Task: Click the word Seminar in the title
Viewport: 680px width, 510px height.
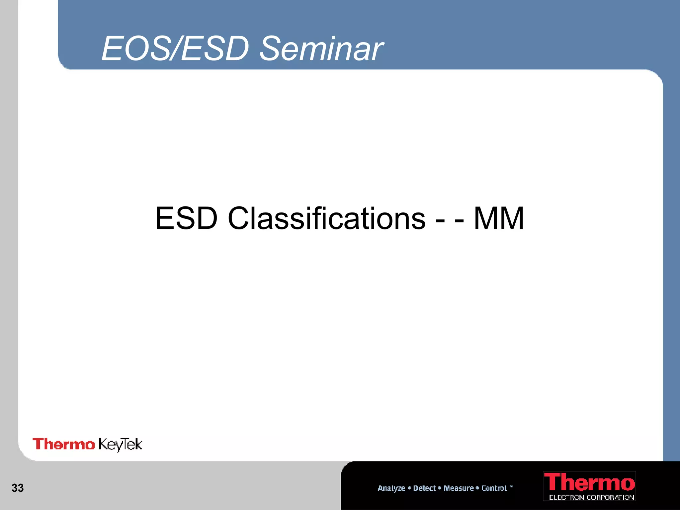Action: pos(321,49)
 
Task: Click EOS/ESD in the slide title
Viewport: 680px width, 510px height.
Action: pos(175,49)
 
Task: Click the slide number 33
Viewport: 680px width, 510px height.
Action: pos(18,488)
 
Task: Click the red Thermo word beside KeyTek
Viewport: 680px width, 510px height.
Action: pos(63,444)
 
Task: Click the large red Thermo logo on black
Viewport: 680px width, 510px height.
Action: pos(589,482)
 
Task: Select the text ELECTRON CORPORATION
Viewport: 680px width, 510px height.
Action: pos(591,497)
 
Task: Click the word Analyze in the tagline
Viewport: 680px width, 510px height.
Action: pos(391,488)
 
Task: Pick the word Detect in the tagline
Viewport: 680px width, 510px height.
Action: pos(424,488)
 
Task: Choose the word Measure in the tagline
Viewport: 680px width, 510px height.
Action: pos(459,488)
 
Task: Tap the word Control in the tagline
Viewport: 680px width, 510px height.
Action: pos(494,488)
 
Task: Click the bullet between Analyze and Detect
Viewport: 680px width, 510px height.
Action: pos(409,488)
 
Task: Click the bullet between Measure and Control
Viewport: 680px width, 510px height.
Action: pos(477,488)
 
